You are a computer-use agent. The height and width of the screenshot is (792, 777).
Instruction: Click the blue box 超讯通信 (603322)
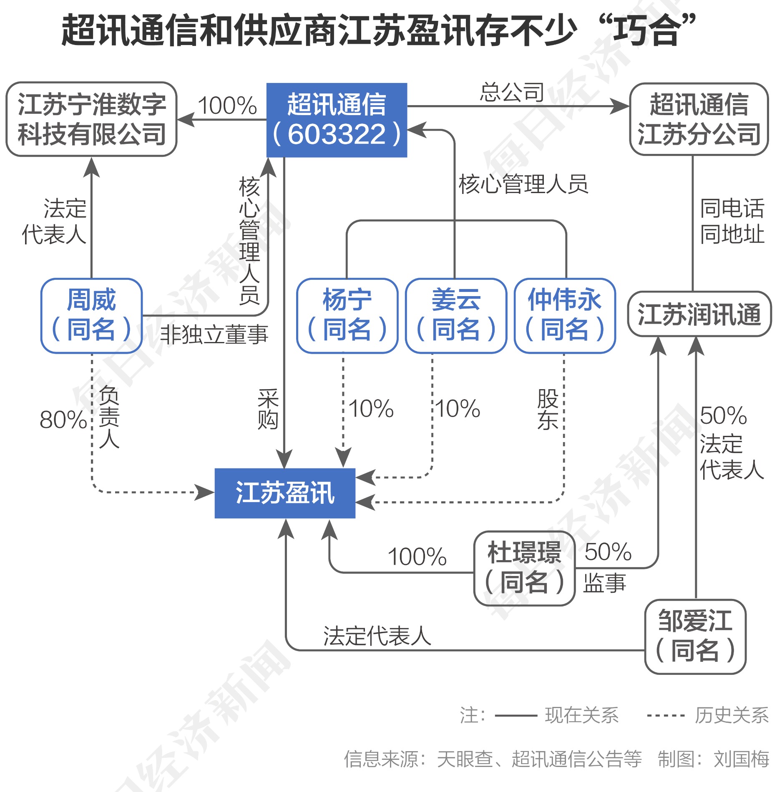coord(337,120)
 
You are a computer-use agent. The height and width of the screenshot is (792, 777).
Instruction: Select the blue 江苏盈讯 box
coord(285,493)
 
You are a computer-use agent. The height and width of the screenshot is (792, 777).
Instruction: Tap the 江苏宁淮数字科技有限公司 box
coord(92,119)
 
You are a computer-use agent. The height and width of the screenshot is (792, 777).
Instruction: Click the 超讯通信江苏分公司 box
coord(699,119)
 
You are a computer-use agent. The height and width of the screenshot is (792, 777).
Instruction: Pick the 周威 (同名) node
coord(91,316)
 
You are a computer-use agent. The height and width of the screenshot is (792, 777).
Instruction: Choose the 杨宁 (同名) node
coord(347,316)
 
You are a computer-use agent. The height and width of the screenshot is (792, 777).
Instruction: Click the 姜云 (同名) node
coord(456,316)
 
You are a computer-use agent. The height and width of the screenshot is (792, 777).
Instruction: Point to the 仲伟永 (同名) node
coord(565,316)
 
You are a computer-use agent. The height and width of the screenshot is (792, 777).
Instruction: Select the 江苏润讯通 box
coord(699,314)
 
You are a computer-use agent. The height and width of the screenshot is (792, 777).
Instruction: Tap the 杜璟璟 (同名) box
coord(524,568)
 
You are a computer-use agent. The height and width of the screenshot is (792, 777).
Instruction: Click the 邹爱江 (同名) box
coord(695,636)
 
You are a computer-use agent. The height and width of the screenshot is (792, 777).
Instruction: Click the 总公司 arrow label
coord(512,92)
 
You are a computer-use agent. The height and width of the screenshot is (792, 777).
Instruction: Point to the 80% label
coord(63,420)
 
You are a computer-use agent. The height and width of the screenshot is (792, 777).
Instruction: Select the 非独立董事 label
coord(214,334)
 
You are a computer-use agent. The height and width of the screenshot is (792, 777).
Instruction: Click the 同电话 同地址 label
coord(732,221)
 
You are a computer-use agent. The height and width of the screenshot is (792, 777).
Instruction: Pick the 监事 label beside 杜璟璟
coord(604,583)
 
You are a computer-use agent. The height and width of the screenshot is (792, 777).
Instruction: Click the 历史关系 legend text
coord(732,716)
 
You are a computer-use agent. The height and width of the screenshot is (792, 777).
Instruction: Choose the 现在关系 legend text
coord(582,716)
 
